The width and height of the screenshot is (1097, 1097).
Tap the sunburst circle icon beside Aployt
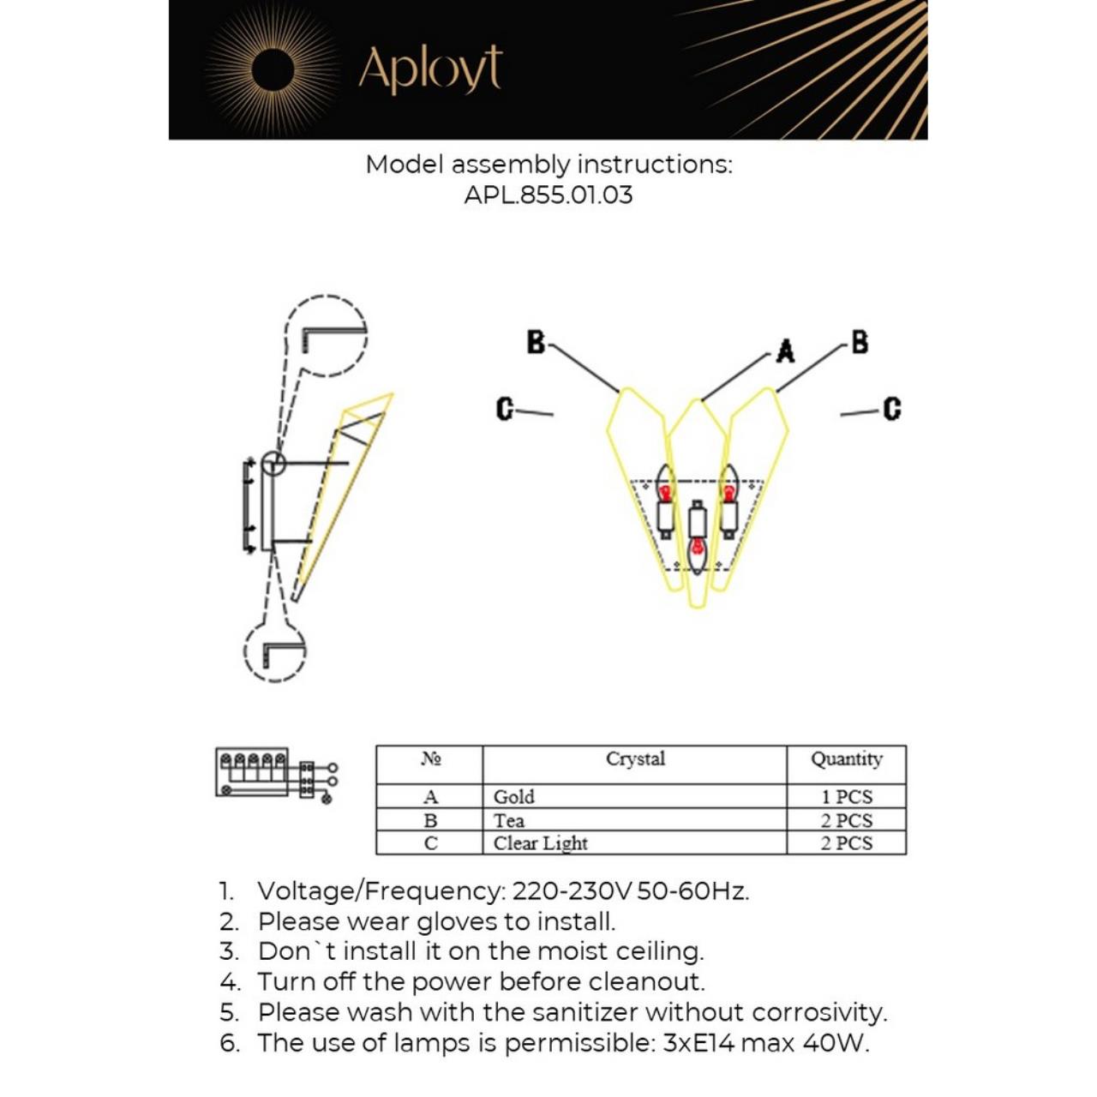[x=273, y=69]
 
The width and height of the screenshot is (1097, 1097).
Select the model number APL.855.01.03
[x=548, y=195]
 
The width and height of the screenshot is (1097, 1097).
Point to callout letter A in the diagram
[x=785, y=351]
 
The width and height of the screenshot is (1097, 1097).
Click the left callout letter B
[x=536, y=342]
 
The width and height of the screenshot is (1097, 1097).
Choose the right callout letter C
[x=892, y=409]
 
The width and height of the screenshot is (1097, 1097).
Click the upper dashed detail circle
[x=326, y=336]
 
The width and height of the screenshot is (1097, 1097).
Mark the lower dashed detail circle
[x=274, y=651]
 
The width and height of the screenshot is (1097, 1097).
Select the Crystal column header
[x=635, y=759]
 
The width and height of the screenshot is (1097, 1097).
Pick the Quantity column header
[x=847, y=759]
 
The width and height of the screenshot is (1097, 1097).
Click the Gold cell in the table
[x=514, y=797]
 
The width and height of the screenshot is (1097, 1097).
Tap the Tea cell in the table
[x=509, y=820]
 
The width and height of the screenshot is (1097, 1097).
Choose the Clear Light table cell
[x=541, y=843]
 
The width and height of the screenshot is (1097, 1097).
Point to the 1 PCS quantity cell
[x=847, y=797]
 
